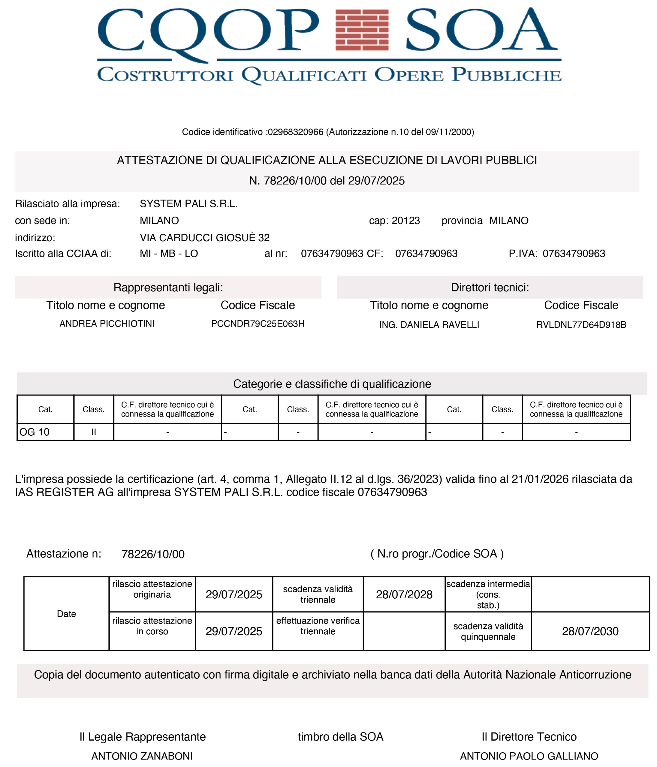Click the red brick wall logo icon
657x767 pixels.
[362, 30]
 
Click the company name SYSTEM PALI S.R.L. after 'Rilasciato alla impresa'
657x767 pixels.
[188, 204]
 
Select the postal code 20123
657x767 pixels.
[406, 221]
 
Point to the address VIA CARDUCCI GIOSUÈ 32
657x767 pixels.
[204, 237]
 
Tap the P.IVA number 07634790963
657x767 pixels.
[574, 253]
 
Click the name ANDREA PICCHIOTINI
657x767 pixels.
[107, 324]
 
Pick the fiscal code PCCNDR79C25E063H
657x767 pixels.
[258, 324]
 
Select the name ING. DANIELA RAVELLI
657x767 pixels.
[429, 325]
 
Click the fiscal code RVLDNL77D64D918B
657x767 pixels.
[581, 325]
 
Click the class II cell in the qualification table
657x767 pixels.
[94, 432]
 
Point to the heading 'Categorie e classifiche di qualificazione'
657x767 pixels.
[332, 384]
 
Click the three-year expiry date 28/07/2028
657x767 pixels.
[404, 594]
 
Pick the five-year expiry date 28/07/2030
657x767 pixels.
[590, 631]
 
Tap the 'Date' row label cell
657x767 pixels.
[66, 614]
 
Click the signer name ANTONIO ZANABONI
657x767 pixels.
[142, 756]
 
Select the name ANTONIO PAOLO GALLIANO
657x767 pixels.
[529, 756]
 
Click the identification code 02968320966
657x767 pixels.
[295, 132]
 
